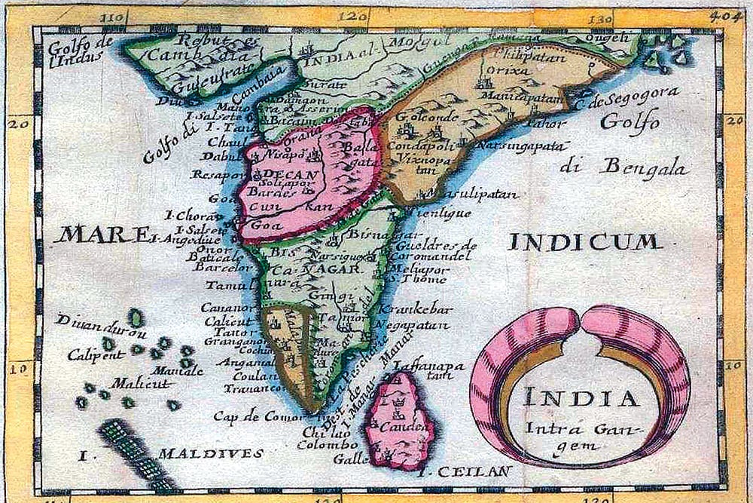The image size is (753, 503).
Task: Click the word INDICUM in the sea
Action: [x=585, y=242]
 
